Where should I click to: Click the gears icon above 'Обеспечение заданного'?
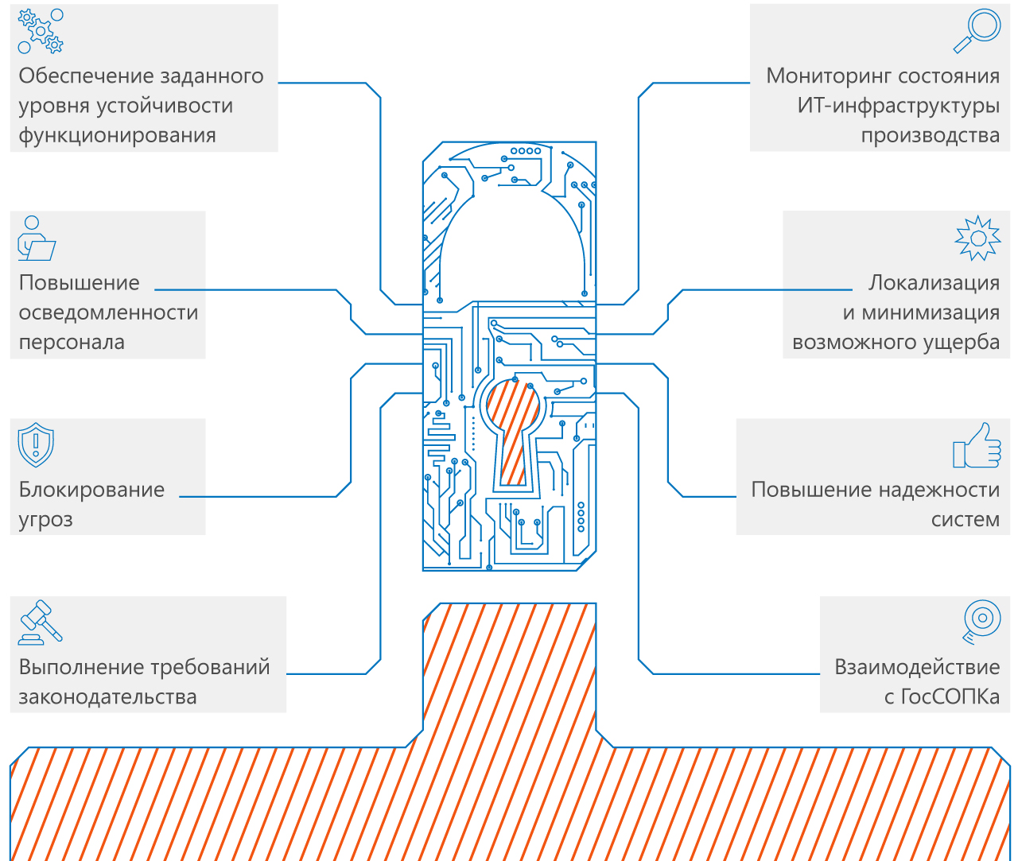click(x=41, y=32)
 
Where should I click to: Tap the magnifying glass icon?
click(x=977, y=30)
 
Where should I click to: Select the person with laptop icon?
click(x=36, y=239)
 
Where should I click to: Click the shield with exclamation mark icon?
click(x=36, y=445)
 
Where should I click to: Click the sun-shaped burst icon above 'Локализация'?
click(x=977, y=238)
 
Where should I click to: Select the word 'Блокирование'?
click(x=91, y=490)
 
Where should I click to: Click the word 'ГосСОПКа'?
click(x=950, y=697)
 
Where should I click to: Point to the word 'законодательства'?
click(x=107, y=697)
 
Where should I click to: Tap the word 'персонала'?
click(x=72, y=343)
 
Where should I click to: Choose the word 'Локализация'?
click(x=934, y=283)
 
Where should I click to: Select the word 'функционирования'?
click(x=117, y=135)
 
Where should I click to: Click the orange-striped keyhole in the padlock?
click(x=512, y=429)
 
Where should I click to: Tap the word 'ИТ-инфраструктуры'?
click(x=899, y=106)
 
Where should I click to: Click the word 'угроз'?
click(x=45, y=520)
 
